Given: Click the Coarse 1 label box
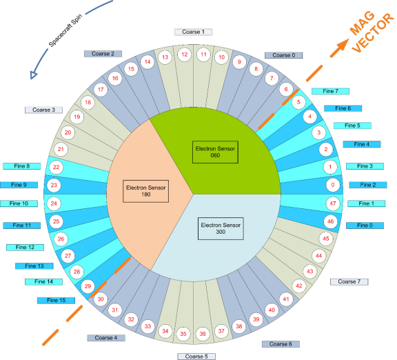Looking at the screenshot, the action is [x=194, y=32].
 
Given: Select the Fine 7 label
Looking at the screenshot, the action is [x=330, y=91].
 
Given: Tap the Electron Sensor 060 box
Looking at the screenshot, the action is [x=215, y=152].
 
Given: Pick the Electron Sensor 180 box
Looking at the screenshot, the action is [x=146, y=191].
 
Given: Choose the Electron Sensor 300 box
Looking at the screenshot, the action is [x=221, y=228].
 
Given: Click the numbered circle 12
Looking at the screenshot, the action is [x=185, y=54].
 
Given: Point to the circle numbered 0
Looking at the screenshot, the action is [x=333, y=185].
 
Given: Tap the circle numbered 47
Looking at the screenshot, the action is [x=333, y=203].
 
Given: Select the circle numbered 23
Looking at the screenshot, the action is [x=54, y=185].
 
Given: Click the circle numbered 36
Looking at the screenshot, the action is [x=203, y=334].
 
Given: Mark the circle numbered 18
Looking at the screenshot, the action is [x=88, y=102].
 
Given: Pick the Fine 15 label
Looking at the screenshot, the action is [x=57, y=300].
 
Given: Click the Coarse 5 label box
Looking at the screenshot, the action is [x=196, y=357].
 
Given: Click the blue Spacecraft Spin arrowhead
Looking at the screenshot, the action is [x=33, y=75].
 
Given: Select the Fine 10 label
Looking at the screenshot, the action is [x=19, y=203].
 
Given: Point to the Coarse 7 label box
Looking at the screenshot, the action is [x=349, y=281].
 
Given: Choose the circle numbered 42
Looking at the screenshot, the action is [x=299, y=286].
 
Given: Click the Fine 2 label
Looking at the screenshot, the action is [x=368, y=185].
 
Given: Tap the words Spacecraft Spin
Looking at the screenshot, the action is [x=65, y=30].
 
